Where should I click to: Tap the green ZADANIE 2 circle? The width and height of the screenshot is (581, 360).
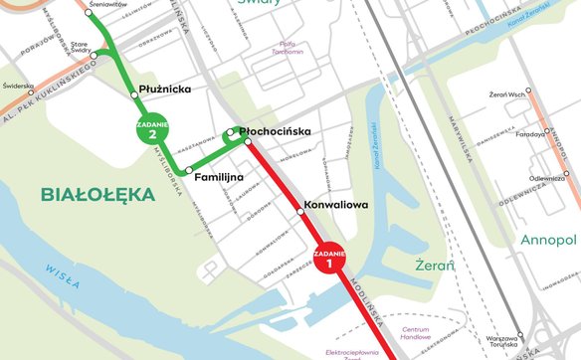coord(152,129)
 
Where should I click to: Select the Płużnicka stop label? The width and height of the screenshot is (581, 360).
coord(165,90)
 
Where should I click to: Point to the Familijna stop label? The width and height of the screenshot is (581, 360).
coord(220,176)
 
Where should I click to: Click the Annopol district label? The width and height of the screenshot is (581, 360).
coord(548,240)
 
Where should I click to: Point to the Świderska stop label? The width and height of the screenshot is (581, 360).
coord(19,86)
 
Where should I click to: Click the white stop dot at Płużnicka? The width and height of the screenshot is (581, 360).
coord(134,94)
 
